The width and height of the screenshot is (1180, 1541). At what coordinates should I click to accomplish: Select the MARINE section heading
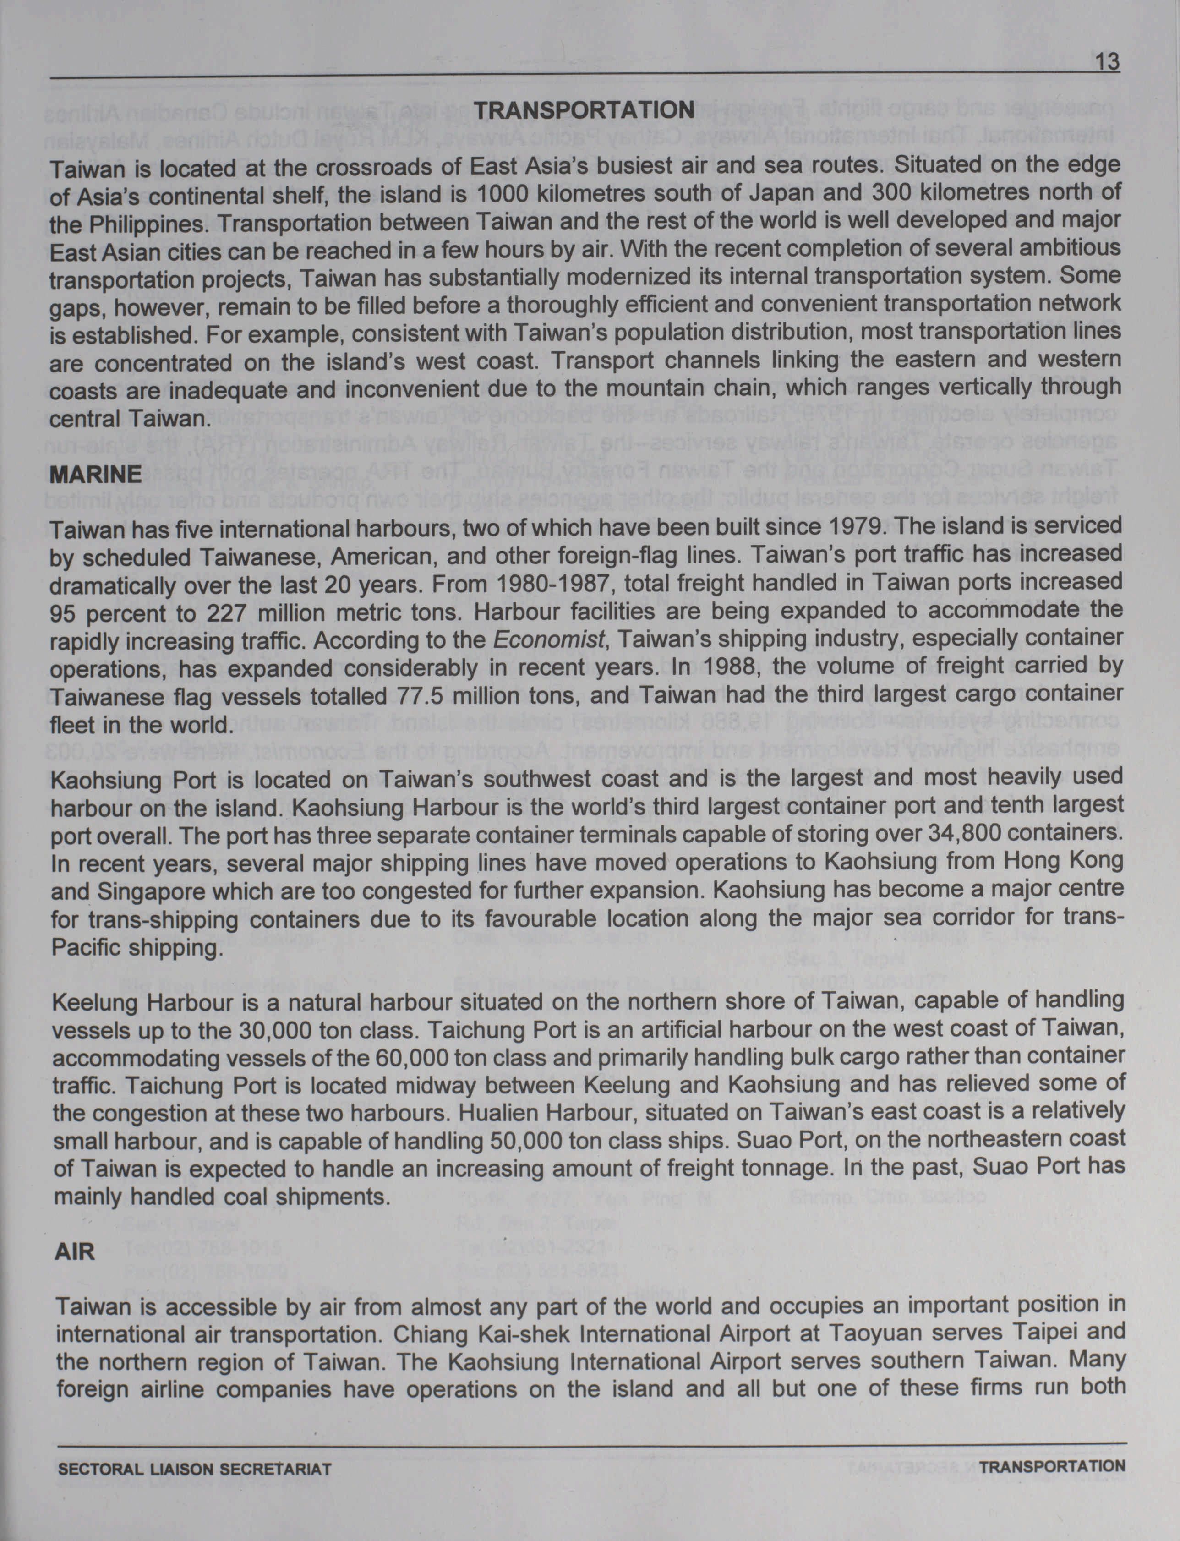96,474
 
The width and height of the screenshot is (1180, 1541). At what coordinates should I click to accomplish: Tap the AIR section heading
75,1251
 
